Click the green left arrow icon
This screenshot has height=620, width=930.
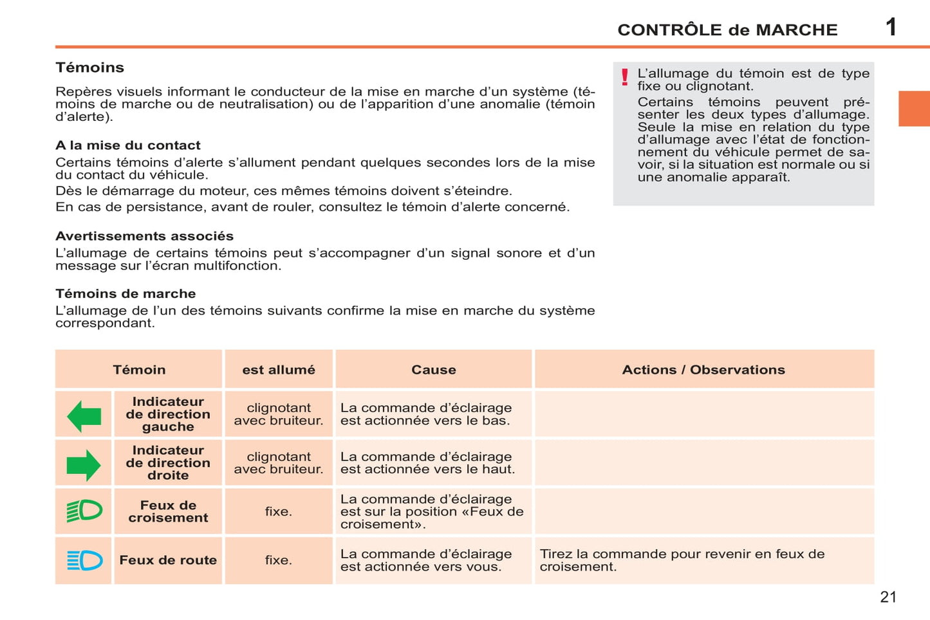(84, 415)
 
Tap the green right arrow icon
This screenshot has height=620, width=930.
(84, 465)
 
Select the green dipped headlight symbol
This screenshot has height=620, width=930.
(84, 511)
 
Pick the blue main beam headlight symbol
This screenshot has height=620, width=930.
(84, 560)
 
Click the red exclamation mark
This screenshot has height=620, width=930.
(624, 78)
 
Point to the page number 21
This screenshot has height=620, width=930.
(888, 597)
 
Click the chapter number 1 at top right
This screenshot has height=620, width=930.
(891, 27)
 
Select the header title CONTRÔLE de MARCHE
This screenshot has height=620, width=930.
(727, 30)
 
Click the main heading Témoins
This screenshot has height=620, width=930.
(89, 68)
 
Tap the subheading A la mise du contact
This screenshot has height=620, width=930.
(128, 145)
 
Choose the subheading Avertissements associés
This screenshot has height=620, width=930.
(144, 236)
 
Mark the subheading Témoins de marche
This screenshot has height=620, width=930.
(126, 294)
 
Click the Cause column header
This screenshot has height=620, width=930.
(434, 370)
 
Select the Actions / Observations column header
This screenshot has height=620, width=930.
(703, 370)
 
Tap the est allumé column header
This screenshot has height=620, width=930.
(279, 370)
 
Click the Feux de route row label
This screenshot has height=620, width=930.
(168, 560)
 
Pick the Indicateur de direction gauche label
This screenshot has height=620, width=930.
(168, 414)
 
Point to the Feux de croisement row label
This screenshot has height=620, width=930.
(168, 511)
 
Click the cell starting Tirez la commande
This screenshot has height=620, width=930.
(682, 560)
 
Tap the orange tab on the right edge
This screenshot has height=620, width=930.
(914, 109)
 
